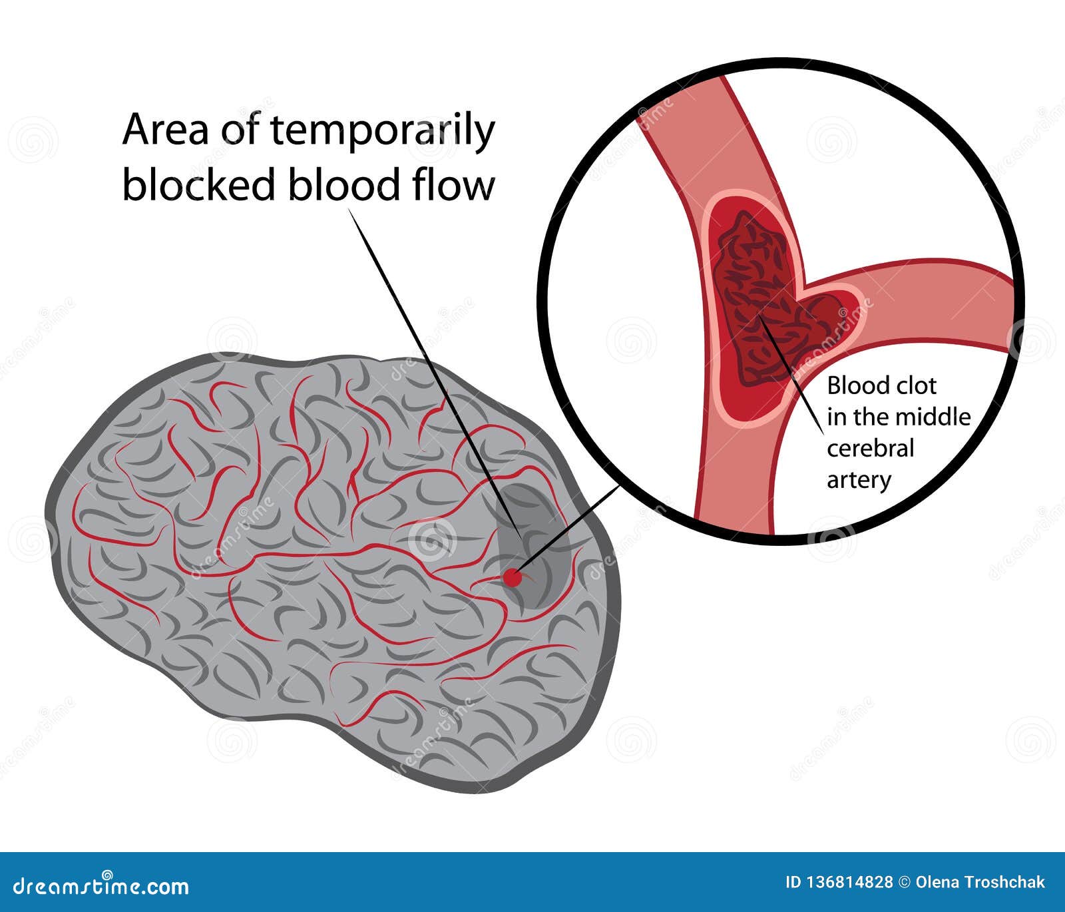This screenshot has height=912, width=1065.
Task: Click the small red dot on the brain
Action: [511, 578]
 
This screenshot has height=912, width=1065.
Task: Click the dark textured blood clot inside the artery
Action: [759, 300]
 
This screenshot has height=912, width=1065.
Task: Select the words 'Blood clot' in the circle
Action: [881, 385]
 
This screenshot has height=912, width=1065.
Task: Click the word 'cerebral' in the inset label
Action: [870, 449]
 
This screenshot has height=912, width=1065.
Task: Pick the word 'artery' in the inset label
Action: [859, 480]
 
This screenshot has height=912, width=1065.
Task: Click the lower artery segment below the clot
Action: [732, 479]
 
